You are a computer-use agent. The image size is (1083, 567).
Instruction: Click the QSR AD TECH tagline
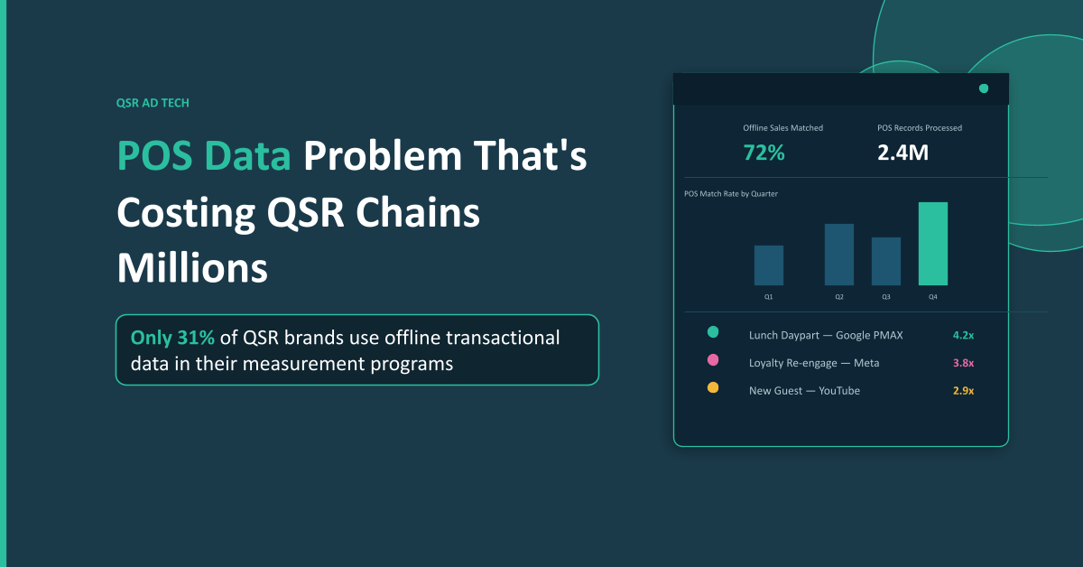153,103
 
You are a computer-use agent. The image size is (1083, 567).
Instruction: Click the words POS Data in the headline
204,156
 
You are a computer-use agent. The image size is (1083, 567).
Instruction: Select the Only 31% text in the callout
172,338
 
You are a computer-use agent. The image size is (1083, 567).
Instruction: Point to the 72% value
764,153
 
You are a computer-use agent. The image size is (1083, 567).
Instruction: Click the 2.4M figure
902,153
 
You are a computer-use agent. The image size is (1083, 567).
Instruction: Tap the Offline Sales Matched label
782,128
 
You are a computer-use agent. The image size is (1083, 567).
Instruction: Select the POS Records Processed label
920,128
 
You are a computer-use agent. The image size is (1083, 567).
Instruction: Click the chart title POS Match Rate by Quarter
731,194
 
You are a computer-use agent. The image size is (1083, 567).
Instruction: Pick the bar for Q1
769,265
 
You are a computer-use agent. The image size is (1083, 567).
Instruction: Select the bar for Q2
839,255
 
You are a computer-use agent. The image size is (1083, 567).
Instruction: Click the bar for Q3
886,262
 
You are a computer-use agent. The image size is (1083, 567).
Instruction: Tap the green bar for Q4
933,244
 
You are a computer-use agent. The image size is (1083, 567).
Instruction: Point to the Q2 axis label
839,296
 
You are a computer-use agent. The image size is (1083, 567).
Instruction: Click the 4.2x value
963,335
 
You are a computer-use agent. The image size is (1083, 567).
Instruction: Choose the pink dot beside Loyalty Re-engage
713,360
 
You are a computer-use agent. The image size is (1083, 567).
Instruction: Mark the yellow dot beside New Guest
713,387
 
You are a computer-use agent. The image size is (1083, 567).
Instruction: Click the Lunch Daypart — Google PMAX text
826,335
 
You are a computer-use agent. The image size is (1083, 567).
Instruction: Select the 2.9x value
963,391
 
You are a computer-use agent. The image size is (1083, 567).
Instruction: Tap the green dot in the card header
984,88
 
